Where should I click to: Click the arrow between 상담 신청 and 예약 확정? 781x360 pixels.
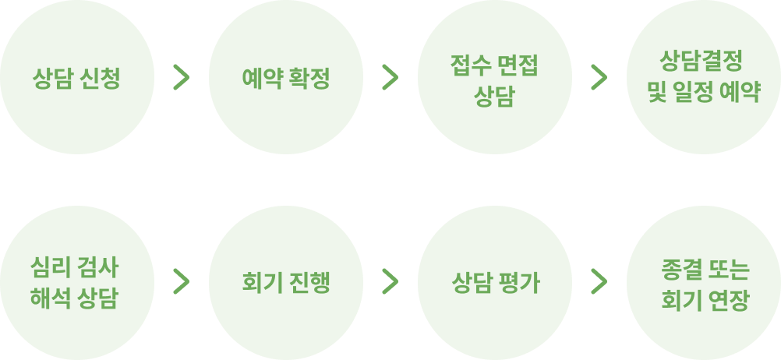182,76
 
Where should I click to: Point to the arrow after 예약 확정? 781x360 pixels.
390,76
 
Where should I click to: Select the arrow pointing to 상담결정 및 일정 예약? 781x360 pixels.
599,76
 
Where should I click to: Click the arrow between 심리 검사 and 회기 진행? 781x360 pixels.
182,282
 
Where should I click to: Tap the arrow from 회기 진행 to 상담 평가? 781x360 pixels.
390,282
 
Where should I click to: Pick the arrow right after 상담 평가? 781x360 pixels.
599,282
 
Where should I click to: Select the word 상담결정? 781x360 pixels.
703,62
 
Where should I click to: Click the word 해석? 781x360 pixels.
51,297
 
